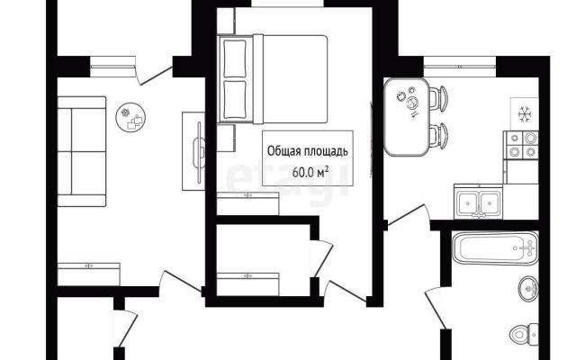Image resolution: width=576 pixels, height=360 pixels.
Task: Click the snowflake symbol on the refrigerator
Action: pyautogui.click(x=524, y=114)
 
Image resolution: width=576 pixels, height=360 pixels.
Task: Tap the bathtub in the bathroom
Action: pyautogui.click(x=495, y=248)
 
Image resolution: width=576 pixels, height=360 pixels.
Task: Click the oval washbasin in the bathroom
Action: pyautogui.click(x=528, y=289)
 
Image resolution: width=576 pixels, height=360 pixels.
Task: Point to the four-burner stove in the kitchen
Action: pyautogui.click(x=522, y=145)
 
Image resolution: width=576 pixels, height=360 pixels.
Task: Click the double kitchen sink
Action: pyautogui.click(x=478, y=202)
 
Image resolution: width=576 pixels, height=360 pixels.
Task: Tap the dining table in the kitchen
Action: pyautogui.click(x=407, y=116)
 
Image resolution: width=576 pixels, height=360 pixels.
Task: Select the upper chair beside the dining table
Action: pyautogui.click(x=438, y=98)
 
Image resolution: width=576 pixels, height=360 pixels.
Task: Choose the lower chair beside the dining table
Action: pyautogui.click(x=438, y=136)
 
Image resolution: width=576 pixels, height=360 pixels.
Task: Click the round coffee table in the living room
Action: pyautogui.click(x=130, y=118)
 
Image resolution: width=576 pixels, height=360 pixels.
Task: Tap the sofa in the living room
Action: pyautogui.click(x=82, y=151)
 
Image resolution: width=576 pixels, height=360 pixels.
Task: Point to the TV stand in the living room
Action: pyautogui.click(x=193, y=151)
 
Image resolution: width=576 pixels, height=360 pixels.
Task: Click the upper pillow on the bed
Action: pyautogui.click(x=234, y=58)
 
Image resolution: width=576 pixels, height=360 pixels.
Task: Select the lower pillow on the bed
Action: pyautogui.click(x=234, y=100)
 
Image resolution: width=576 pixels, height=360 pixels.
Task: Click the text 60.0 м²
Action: pyautogui.click(x=308, y=172)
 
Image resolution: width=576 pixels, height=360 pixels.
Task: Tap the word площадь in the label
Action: pyautogui.click(x=328, y=152)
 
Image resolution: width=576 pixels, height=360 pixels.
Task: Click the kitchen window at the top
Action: pyautogui.click(x=460, y=67)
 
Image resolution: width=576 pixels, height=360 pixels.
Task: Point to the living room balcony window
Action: pyautogui.click(x=112, y=67)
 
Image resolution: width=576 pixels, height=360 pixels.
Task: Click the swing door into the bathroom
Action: pyautogui.click(x=436, y=308)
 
